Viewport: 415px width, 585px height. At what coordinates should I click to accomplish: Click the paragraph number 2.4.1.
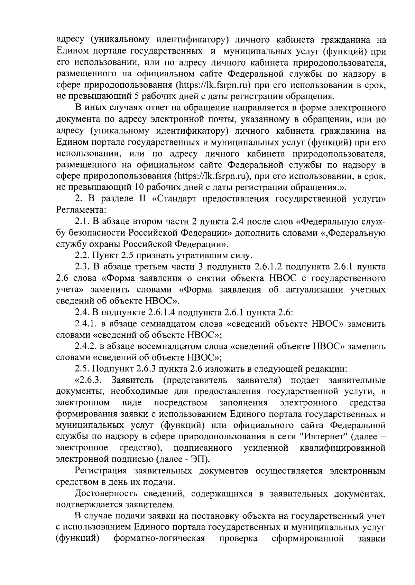(x=85, y=324)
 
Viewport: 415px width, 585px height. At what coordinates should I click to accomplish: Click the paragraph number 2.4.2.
(x=85, y=347)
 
